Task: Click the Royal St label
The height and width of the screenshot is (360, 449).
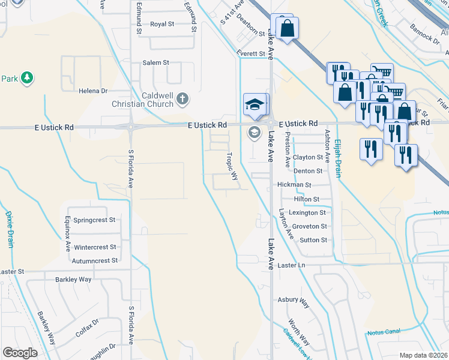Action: [x=162, y=24]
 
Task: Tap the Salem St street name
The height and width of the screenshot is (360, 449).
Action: [x=156, y=62]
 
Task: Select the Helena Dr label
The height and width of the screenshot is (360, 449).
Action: [x=92, y=91]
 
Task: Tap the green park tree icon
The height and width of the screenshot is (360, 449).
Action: [x=26, y=77]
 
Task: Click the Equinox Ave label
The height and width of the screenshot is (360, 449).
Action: [x=68, y=233]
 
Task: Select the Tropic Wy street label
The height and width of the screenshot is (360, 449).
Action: [x=232, y=166]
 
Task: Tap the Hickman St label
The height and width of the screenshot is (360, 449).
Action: [x=294, y=185]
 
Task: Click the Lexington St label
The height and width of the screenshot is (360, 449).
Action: [x=307, y=213]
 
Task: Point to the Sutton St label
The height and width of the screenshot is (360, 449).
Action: [x=313, y=240]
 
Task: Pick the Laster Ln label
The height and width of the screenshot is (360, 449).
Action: [x=292, y=265]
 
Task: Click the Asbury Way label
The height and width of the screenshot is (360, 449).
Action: [x=293, y=299]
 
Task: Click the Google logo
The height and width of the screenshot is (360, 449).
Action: [x=20, y=353]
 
